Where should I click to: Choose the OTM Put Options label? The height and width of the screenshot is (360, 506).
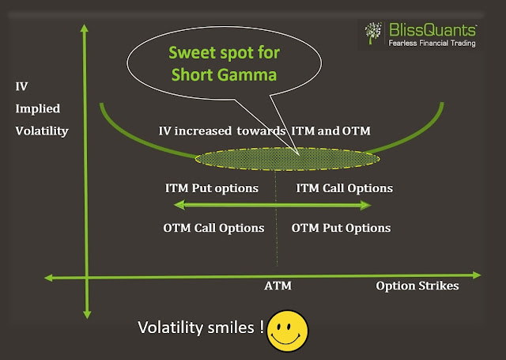[341, 228]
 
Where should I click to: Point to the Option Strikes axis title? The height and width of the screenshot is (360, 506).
[417, 286]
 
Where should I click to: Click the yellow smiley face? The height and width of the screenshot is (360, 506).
[285, 331]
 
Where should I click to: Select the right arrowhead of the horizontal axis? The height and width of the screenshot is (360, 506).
[476, 275]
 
